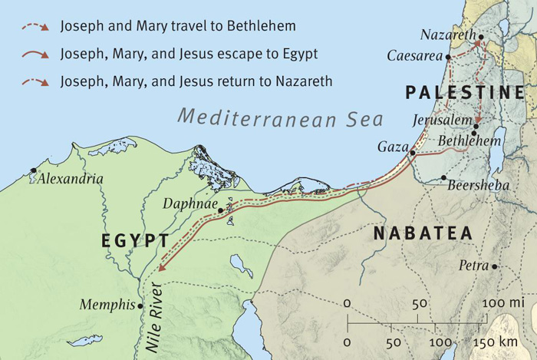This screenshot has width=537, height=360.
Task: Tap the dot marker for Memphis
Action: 140,305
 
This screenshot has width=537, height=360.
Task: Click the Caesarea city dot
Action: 448,57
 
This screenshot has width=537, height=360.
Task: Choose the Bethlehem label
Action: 469,142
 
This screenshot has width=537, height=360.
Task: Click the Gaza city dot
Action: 413,153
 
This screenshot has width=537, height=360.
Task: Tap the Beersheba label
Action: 476,185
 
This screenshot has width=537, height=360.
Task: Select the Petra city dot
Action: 495,266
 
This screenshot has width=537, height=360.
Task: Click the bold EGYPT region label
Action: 135,241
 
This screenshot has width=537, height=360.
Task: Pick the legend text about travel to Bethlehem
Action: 178,27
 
